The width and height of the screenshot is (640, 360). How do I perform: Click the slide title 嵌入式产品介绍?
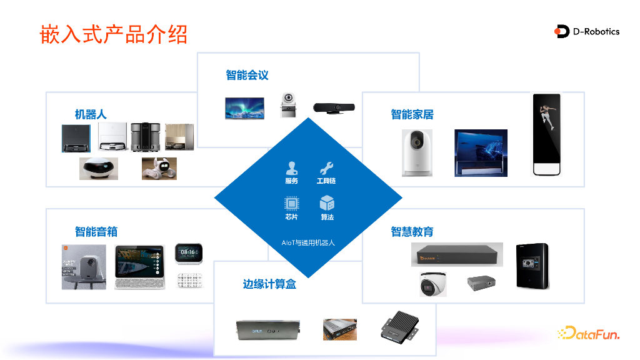114,34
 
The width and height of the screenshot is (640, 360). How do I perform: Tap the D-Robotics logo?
587,31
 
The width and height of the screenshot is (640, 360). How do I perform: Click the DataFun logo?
588,334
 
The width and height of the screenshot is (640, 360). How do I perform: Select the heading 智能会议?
247,75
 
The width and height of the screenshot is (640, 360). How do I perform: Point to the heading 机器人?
91,114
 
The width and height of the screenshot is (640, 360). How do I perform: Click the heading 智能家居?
412,114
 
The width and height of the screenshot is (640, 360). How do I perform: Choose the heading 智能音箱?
96,232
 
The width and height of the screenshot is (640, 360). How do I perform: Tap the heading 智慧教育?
412,232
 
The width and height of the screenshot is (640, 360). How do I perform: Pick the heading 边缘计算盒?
269,284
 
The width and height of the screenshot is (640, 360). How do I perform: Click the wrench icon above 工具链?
326,168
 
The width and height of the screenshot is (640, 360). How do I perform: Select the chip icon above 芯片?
291,204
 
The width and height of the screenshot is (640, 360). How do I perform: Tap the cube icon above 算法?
327,204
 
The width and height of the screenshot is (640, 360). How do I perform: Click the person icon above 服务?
291,168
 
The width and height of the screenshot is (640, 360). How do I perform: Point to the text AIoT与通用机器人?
308,242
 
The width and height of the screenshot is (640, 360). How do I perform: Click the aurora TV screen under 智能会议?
245,108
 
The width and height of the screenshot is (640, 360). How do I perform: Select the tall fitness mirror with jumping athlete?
546,135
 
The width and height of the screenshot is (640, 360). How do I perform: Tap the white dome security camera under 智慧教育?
432,284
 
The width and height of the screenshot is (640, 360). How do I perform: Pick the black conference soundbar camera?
334,108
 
